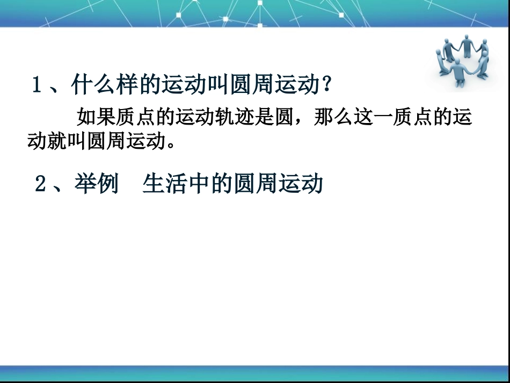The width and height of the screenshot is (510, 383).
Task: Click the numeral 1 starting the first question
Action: (x=37, y=85)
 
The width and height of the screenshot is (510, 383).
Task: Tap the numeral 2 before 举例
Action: (x=40, y=184)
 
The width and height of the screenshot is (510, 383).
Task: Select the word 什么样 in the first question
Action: (x=104, y=85)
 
